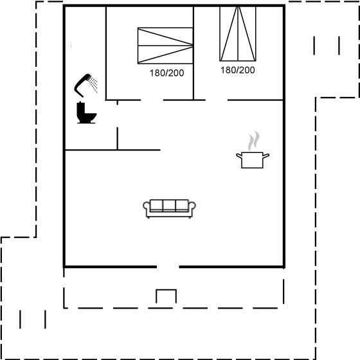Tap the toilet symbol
click(x=86, y=113)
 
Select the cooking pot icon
click(x=252, y=160)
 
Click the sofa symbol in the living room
click(x=169, y=208)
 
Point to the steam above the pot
click(x=254, y=141)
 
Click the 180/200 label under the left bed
click(x=166, y=73)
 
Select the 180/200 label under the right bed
click(x=238, y=70)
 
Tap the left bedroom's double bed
click(x=165, y=46)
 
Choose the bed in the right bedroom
click(x=238, y=33)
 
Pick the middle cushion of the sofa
click(x=169, y=205)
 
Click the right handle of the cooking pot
click(x=266, y=156)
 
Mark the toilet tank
click(x=80, y=108)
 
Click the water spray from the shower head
click(x=94, y=85)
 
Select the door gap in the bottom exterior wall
click(x=168, y=267)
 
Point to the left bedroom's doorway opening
click(x=152, y=100)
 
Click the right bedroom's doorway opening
click(x=217, y=100)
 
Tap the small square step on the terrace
click(x=166, y=296)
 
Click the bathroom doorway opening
click(x=117, y=116)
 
